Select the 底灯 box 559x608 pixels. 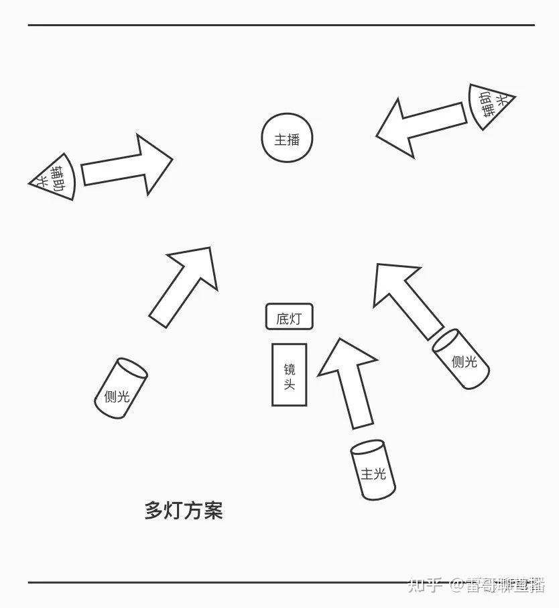coord(289,317)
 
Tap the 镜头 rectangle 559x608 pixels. coord(289,374)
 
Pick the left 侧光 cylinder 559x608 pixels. coord(121,389)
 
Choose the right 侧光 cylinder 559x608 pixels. coord(461,358)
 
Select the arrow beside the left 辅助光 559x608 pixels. coord(127,165)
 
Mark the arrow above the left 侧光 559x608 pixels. coord(185,283)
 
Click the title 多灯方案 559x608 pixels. coord(183,511)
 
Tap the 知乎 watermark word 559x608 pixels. coord(424,585)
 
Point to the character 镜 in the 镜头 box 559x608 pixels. coord(290,368)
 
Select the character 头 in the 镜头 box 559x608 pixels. coord(290,385)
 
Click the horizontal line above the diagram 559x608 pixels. coord(281,26)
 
